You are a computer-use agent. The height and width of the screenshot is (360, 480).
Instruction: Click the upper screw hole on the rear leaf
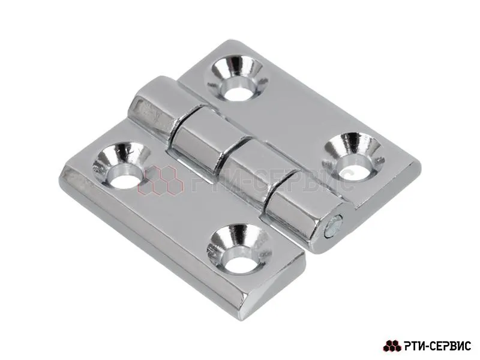point(237,77)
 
